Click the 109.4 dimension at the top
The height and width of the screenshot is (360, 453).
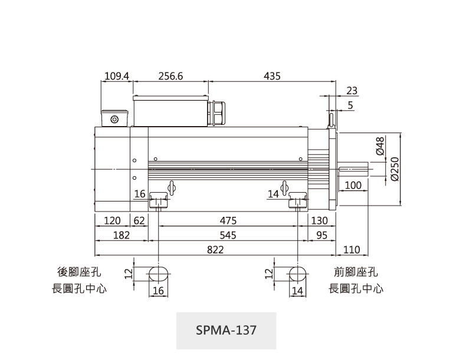coord(117,76)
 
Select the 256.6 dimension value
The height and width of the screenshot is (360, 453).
coord(171,76)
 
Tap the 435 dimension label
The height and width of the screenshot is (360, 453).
coord(272,76)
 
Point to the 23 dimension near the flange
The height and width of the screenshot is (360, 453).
coord(352,90)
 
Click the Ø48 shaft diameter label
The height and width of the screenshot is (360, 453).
coord(380,145)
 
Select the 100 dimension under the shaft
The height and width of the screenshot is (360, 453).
coord(353,186)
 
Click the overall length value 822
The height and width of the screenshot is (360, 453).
coord(215,250)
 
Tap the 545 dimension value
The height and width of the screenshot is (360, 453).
coord(228,235)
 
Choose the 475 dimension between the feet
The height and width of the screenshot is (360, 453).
coord(228,220)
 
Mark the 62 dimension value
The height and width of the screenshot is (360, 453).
coord(140,220)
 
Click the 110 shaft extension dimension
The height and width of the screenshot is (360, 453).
coord(352,250)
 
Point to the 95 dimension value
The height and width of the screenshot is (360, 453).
coord(321,235)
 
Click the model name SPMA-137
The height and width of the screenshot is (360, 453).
coord(226,330)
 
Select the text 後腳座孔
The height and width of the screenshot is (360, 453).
coord(79,272)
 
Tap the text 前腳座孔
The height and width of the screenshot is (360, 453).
coord(356,272)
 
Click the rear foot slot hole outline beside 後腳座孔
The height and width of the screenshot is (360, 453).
coord(159,274)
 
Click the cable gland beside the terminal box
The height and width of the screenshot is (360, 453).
coord(216,113)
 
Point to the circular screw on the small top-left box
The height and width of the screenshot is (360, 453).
coord(114,120)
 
